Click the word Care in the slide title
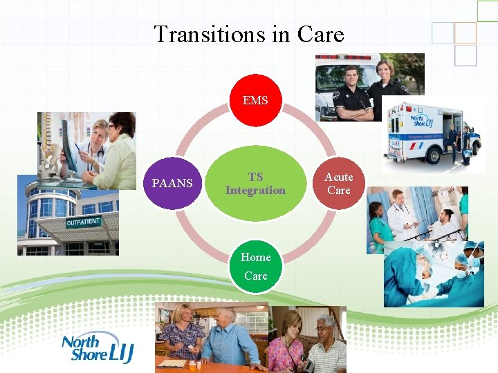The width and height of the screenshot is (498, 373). tap(320, 35)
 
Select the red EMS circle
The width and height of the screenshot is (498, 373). tap(255, 100)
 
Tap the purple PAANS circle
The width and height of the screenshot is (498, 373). tap(172, 184)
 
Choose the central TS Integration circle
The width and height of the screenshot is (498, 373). tap(255, 184)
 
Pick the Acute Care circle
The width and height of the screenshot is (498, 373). tap(338, 184)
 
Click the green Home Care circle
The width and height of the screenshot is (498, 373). tap(255, 267)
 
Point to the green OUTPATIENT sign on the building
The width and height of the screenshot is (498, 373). tap(83, 222)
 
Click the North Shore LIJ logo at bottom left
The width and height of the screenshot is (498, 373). tap(97, 347)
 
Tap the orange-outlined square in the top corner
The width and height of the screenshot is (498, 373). tap(465, 32)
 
